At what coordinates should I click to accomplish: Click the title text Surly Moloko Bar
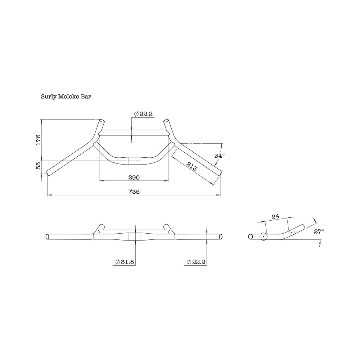click(x=66, y=97)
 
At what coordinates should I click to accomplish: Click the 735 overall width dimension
click(x=134, y=192)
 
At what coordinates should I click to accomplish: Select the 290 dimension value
click(x=134, y=177)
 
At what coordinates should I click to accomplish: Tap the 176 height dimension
click(x=38, y=139)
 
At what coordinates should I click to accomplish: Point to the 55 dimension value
click(x=38, y=166)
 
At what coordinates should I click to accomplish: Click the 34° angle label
click(x=219, y=156)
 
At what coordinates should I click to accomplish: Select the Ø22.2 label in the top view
click(x=143, y=114)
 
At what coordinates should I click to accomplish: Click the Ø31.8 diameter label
click(x=125, y=262)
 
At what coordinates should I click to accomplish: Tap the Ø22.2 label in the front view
click(x=196, y=262)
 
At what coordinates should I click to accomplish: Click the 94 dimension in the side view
click(x=275, y=216)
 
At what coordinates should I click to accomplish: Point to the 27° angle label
click(x=319, y=231)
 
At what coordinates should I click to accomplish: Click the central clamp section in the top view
click(x=134, y=161)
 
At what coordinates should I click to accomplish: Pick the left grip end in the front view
click(x=48, y=237)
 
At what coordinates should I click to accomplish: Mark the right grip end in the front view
click(x=221, y=237)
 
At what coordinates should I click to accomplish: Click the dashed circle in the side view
click(x=291, y=233)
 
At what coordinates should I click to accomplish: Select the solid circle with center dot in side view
click(x=263, y=237)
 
